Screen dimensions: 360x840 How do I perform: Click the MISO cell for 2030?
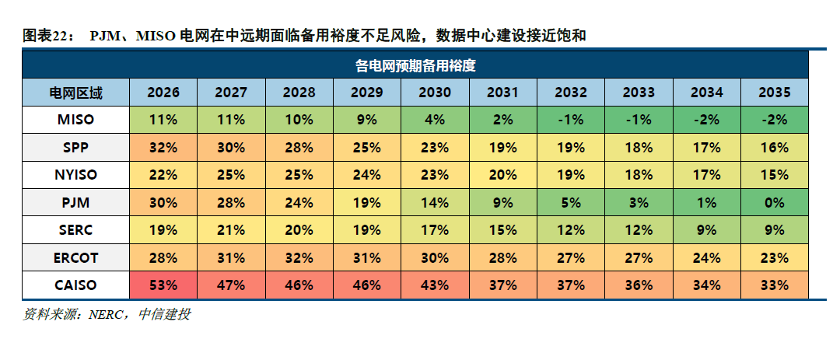434,121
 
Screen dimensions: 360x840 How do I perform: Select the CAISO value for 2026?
163,285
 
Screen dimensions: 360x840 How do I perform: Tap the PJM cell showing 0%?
775,202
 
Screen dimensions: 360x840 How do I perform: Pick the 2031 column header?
502,93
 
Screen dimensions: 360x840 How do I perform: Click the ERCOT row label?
76,257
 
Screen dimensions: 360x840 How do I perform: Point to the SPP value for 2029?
366,148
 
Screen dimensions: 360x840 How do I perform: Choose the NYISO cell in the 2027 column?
231,175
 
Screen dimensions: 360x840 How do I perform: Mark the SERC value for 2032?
571,230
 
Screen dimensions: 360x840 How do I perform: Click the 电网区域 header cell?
76,93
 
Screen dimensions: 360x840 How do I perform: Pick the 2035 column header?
775,93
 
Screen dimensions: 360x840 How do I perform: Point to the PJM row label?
76,202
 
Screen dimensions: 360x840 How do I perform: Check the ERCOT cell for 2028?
299,257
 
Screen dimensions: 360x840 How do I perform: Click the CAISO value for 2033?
639,285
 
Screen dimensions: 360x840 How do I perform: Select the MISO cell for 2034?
706,121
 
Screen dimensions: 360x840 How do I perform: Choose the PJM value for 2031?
502,202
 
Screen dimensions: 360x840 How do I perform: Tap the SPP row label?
76,148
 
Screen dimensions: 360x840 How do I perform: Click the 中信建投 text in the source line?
164,315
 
